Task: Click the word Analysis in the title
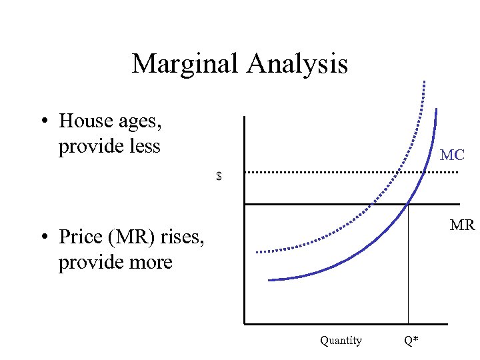[297, 64]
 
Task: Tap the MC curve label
[452, 155]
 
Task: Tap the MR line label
[461, 225]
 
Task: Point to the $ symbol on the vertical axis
[219, 177]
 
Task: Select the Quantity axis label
[341, 341]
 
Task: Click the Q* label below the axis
[411, 341]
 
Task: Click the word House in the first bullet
[85, 121]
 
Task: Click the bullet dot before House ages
[43, 121]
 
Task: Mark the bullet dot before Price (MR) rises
[43, 237]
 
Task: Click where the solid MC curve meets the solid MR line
[408, 203]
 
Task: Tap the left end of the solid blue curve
[269, 280]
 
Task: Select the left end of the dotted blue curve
[257, 252]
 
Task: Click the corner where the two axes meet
[245, 324]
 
